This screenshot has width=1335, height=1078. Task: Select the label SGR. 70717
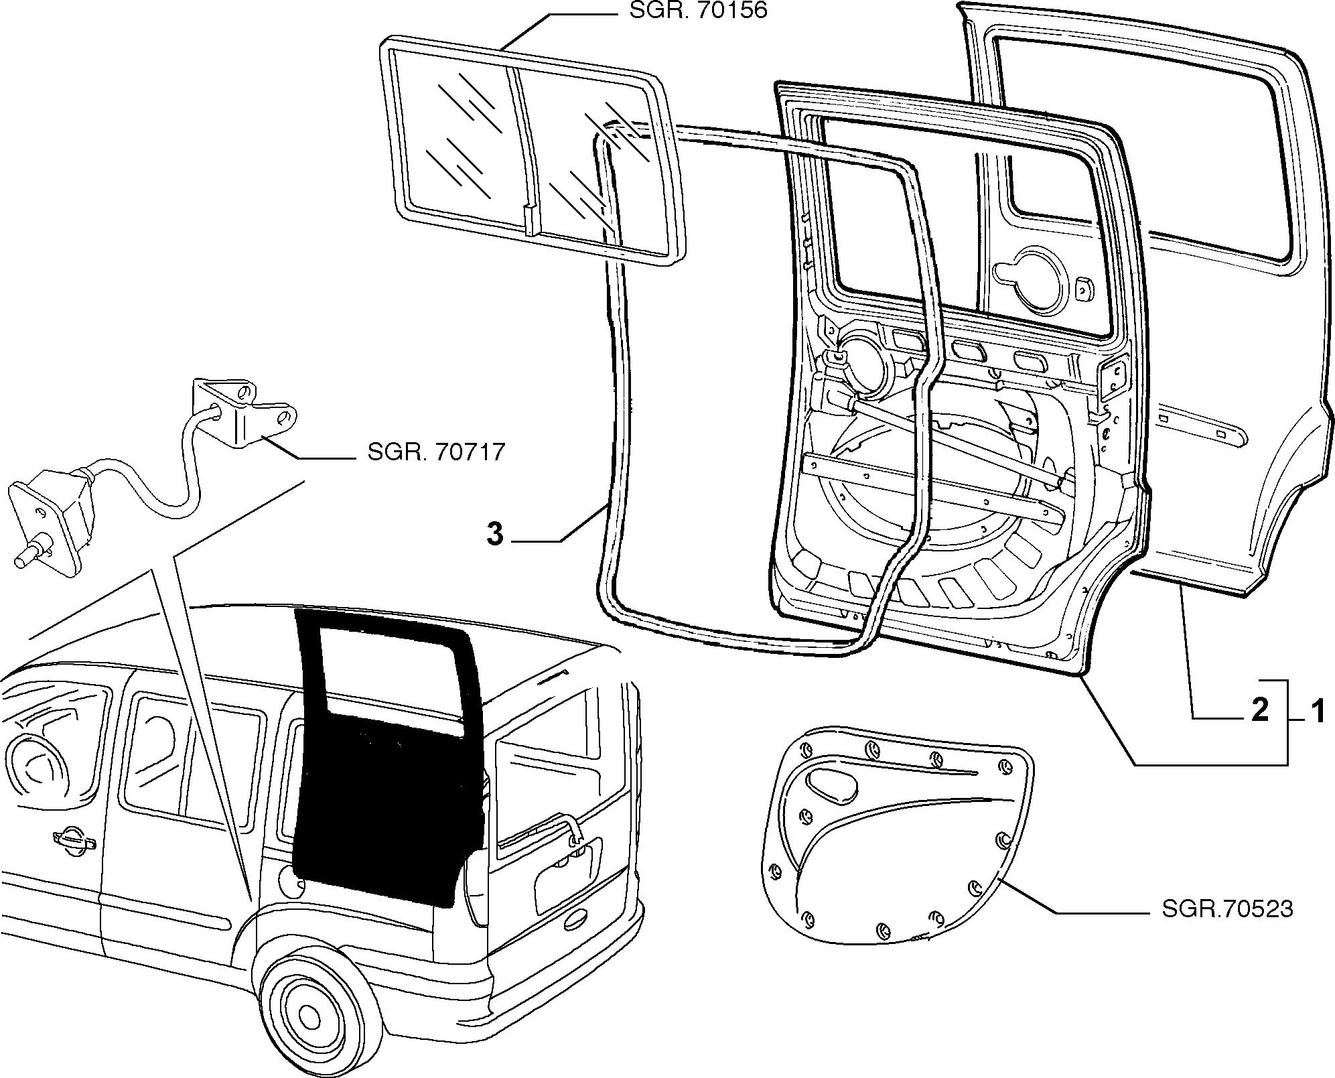click(436, 452)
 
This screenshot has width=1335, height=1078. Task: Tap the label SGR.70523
click(1227, 909)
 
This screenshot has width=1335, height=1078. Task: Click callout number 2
click(1260, 710)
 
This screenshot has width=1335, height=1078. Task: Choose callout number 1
click(1317, 710)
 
